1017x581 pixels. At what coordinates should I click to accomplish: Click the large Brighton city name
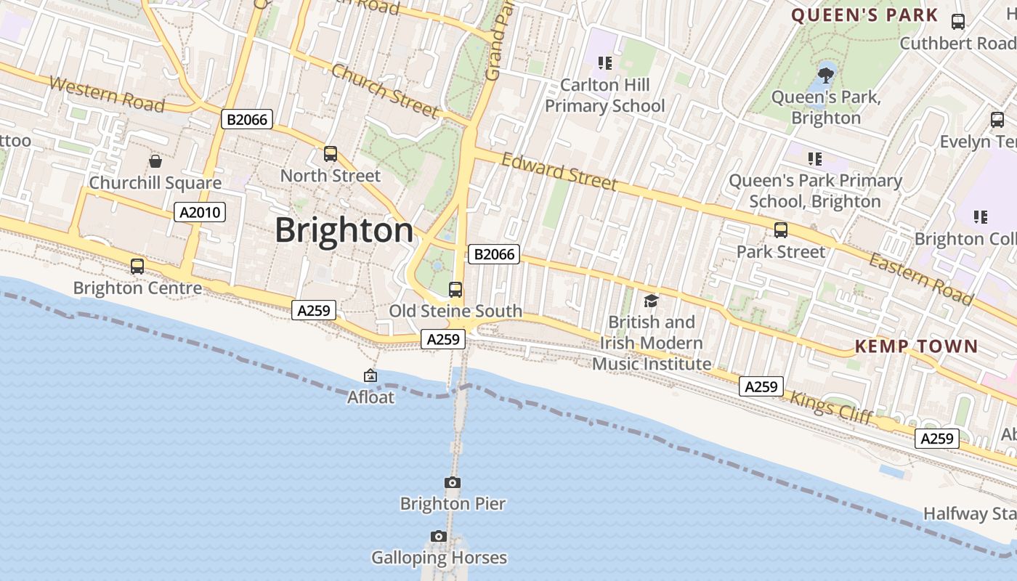click(344, 231)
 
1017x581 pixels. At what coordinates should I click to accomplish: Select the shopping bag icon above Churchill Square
click(155, 161)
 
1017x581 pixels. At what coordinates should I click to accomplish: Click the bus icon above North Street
click(331, 154)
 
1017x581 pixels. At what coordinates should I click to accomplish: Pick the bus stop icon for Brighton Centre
click(137, 267)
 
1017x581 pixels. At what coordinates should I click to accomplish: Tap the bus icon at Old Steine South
click(455, 290)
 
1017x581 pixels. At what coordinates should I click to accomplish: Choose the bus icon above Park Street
click(781, 230)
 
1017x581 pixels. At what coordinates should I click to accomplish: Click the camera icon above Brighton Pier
click(452, 482)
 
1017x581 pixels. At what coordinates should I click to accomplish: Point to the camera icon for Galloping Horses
click(438, 536)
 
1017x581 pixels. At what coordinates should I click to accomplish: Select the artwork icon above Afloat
click(370, 375)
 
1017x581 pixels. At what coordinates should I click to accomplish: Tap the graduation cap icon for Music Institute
click(651, 301)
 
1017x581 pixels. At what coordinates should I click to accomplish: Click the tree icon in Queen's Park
click(826, 74)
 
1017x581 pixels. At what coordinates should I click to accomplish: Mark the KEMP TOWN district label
click(917, 346)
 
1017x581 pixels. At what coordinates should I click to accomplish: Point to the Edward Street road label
click(559, 172)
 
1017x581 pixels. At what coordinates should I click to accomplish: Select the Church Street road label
click(385, 91)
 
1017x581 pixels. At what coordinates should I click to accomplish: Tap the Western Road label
click(107, 94)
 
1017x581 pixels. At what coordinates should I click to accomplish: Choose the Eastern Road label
click(921, 279)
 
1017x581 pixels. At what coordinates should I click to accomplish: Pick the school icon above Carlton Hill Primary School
click(605, 63)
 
